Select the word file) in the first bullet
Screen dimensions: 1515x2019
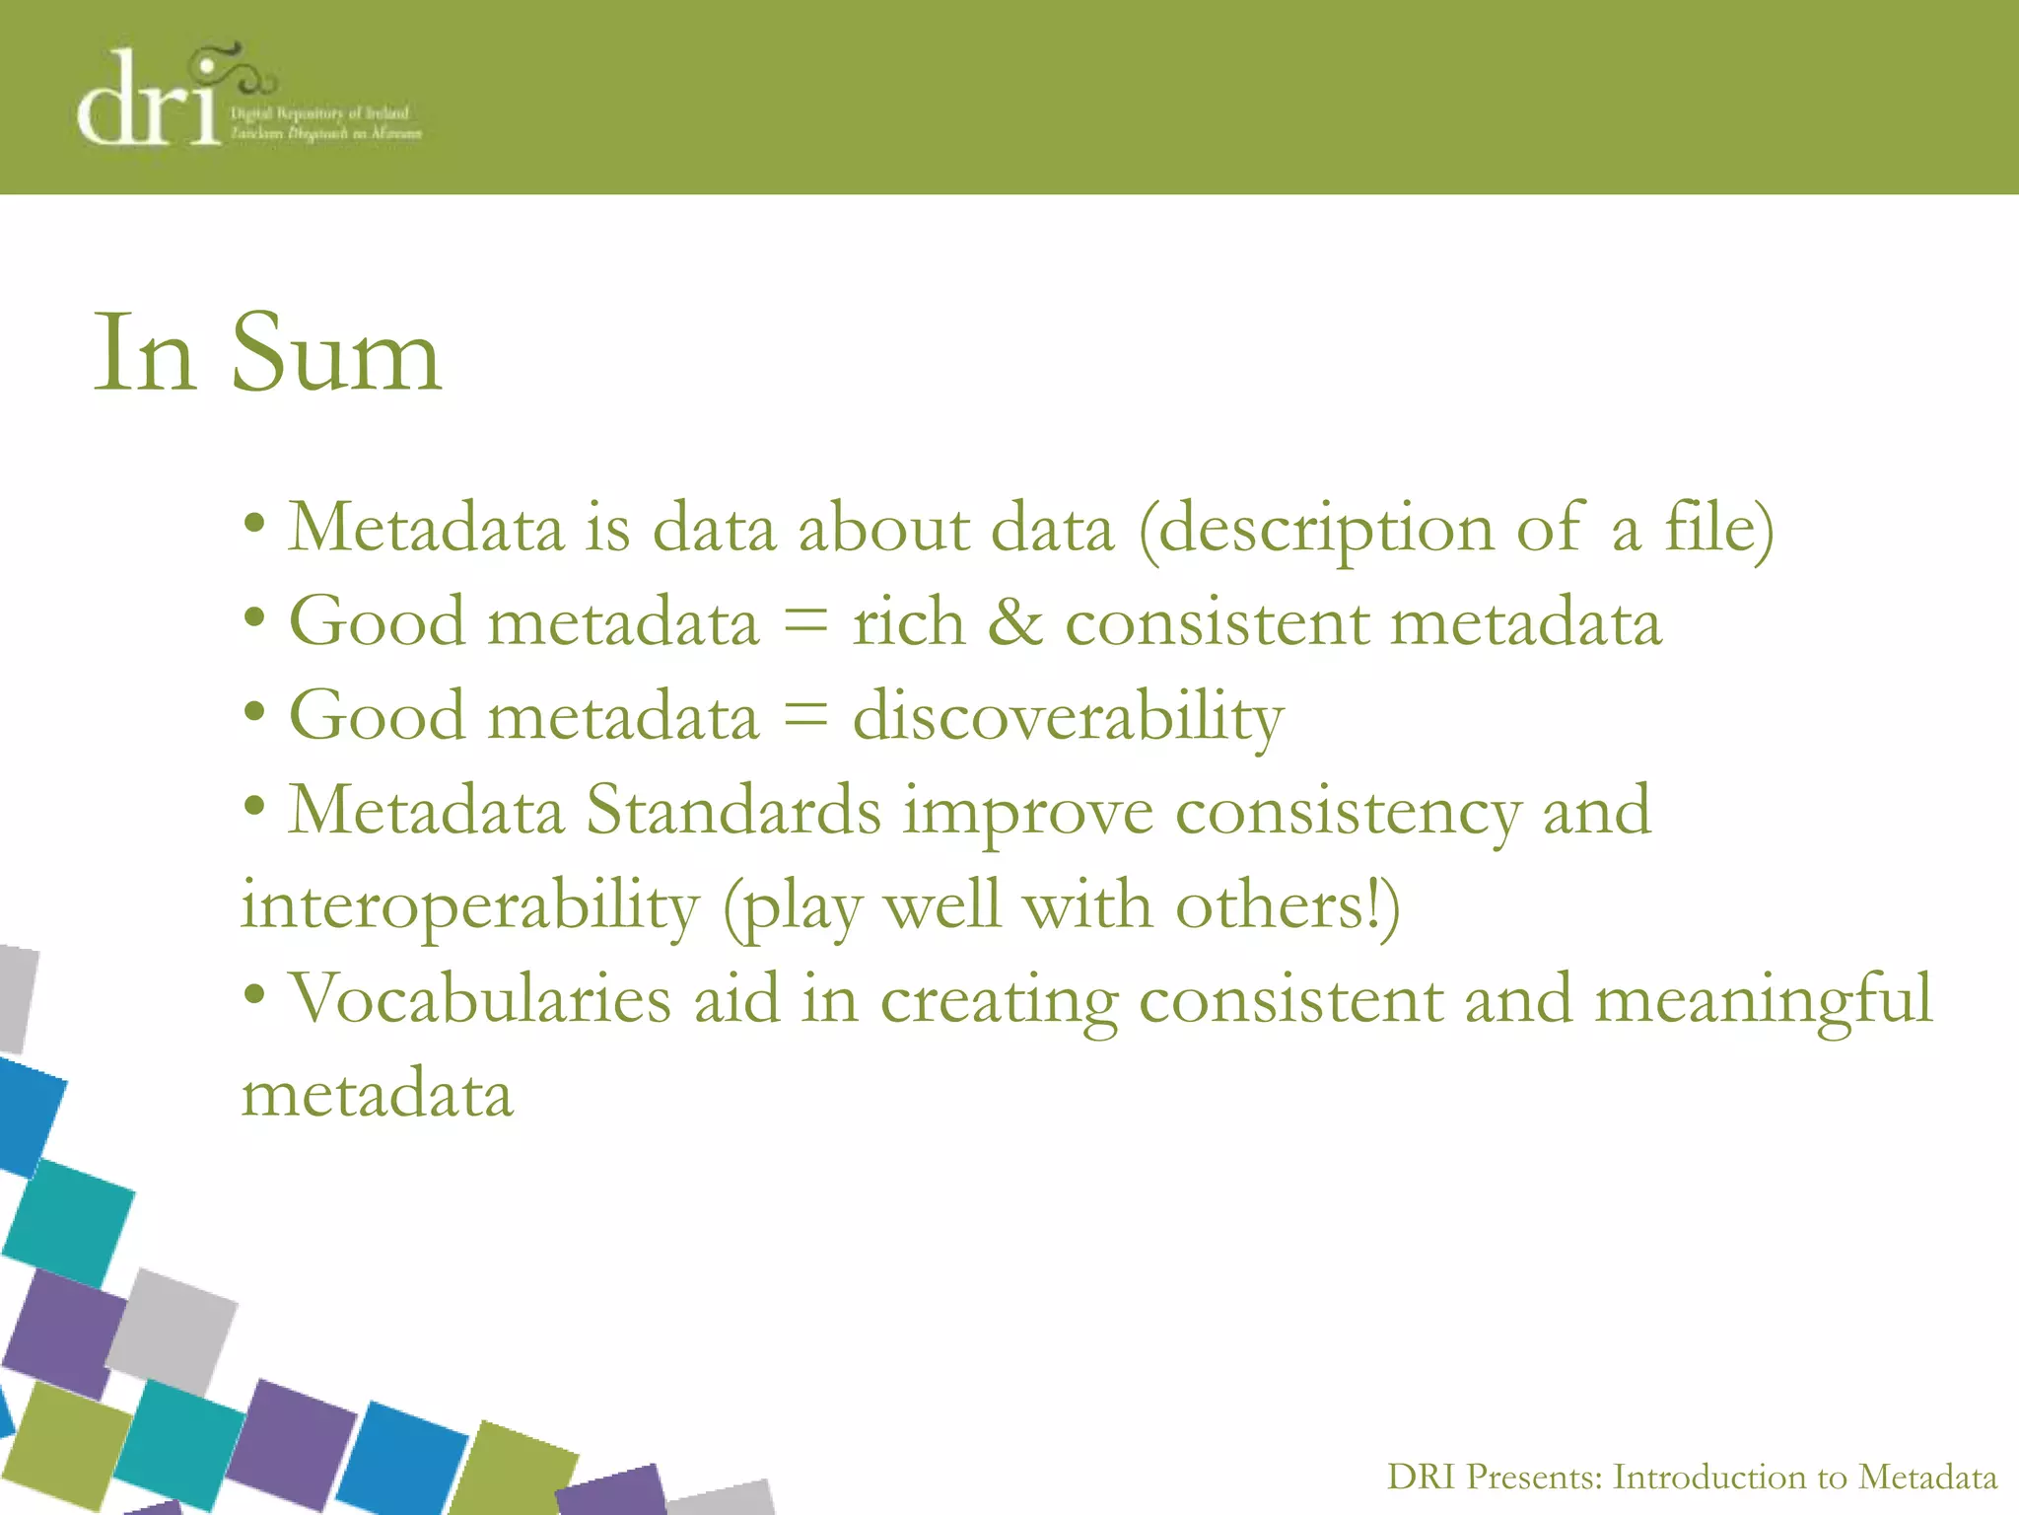tap(1718, 528)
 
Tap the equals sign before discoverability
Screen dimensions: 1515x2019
tap(805, 715)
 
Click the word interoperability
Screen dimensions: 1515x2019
tap(470, 905)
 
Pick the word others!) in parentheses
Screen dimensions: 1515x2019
tap(1287, 905)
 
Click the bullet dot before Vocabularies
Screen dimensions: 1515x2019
tap(254, 995)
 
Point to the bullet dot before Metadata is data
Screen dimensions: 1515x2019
tap(254, 523)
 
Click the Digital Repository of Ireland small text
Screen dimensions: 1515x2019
tap(319, 112)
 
